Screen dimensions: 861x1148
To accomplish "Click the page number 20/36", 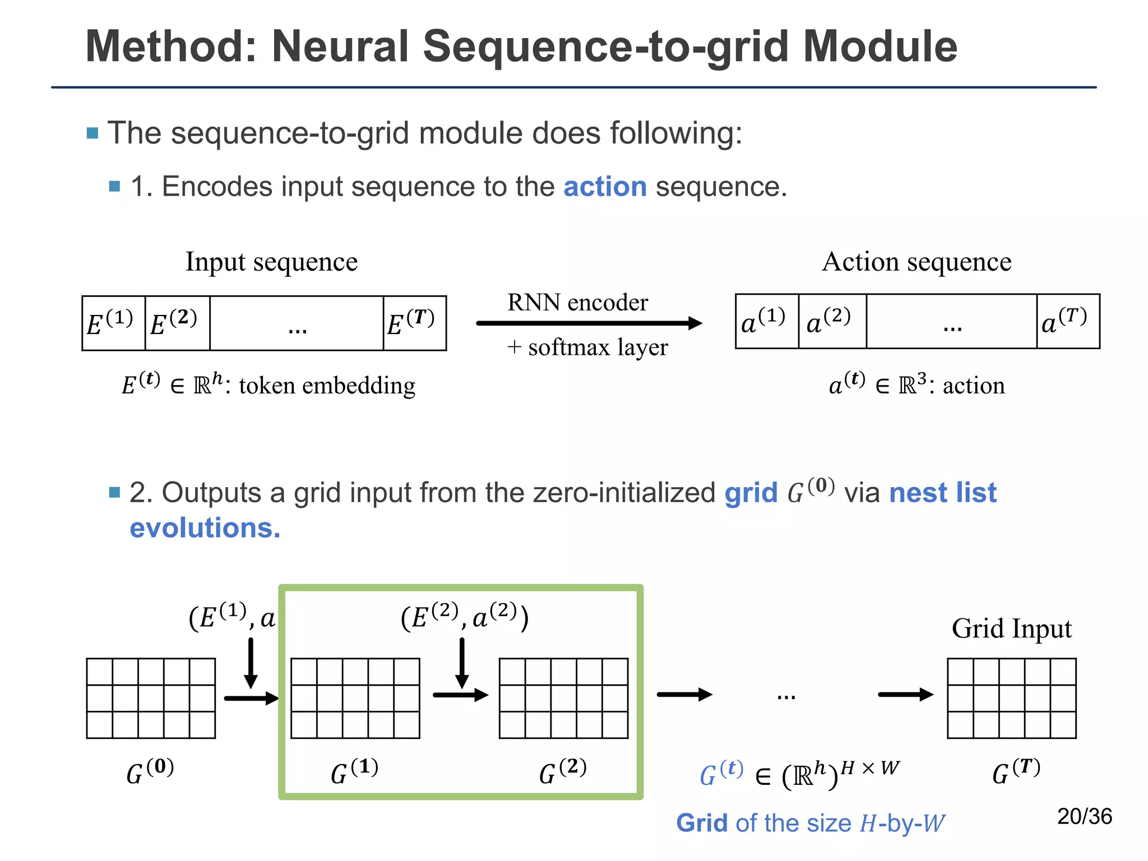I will coord(1084,816).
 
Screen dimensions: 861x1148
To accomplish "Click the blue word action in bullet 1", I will coord(605,187).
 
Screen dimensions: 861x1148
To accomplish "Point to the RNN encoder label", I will coord(577,303).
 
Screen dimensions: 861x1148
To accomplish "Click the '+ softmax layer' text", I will coord(587,348).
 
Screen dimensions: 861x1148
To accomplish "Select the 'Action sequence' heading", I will coord(916,262).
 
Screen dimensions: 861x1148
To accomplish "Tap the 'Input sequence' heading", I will coord(271,262).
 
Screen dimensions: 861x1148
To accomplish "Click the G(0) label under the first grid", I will coord(150,772).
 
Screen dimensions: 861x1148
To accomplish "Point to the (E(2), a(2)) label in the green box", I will coord(465,617).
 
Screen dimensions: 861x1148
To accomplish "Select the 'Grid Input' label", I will coord(1011,628).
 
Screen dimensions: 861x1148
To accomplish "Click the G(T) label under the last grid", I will coord(1016,772).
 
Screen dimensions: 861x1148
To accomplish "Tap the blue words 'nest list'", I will coord(942,493).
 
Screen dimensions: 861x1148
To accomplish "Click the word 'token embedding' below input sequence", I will coord(327,386).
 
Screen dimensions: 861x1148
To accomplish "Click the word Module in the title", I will coord(879,47).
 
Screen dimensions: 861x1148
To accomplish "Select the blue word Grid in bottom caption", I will coord(701,823).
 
